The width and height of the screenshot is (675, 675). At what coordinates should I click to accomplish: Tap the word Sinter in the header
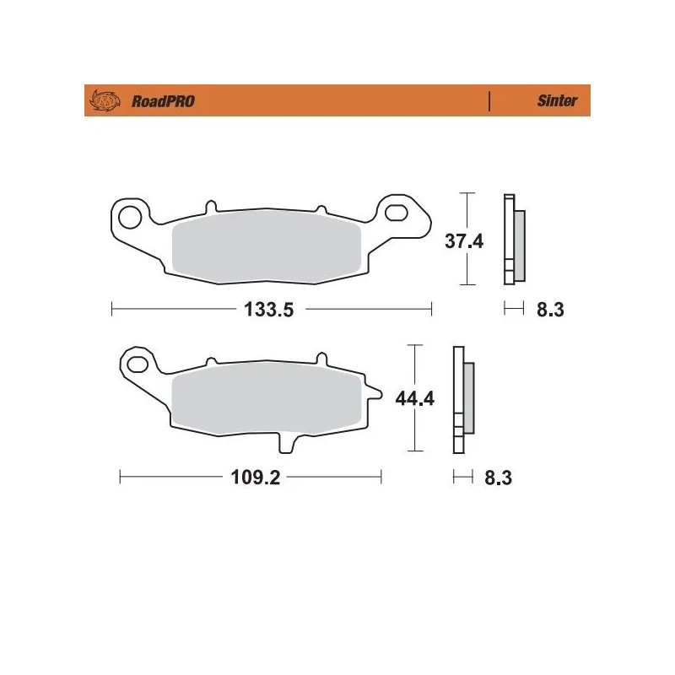pyautogui.click(x=557, y=101)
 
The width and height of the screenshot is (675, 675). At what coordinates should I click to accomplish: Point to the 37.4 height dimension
pyautogui.click(x=463, y=242)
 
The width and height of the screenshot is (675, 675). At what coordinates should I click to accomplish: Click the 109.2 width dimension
pyautogui.click(x=255, y=478)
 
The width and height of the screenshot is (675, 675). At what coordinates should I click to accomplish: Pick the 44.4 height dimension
pyautogui.click(x=414, y=398)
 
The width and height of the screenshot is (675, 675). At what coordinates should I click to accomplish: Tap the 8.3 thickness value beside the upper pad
pyautogui.click(x=549, y=310)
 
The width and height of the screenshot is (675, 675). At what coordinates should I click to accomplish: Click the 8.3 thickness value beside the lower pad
pyautogui.click(x=499, y=478)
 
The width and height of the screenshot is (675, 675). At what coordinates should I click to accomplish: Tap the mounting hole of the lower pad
pyautogui.click(x=138, y=365)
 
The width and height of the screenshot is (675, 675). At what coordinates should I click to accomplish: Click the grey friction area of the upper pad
pyautogui.click(x=267, y=248)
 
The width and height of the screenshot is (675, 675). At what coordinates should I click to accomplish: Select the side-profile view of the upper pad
pyautogui.click(x=513, y=240)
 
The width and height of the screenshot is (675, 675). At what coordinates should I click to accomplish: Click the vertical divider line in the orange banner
pyautogui.click(x=490, y=101)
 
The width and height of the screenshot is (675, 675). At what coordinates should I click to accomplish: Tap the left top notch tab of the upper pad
pyautogui.click(x=210, y=206)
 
